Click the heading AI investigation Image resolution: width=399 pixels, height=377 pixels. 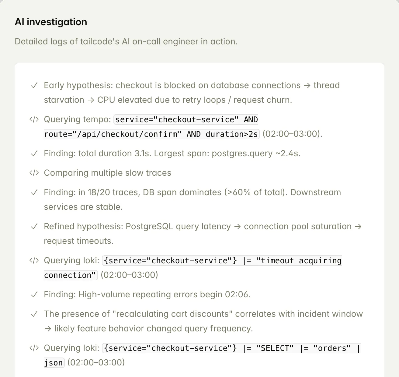click(x=51, y=22)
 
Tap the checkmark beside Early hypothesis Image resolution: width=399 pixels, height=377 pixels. click(x=34, y=85)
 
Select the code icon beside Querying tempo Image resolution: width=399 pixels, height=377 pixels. click(x=34, y=119)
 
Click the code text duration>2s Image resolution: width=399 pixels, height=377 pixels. click(x=232, y=134)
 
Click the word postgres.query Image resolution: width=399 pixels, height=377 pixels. click(x=242, y=154)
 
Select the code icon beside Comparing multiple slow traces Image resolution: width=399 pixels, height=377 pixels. click(x=34, y=173)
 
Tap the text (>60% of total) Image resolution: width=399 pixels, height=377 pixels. click(x=255, y=192)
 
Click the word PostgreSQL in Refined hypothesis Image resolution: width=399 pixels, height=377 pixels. click(x=149, y=227)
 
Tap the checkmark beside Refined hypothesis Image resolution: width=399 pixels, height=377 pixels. click(x=34, y=227)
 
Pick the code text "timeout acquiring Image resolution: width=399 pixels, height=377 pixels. click(x=299, y=261)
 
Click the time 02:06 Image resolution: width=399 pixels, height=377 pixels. click(x=237, y=295)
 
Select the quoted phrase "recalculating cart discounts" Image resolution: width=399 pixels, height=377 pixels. click(x=172, y=314)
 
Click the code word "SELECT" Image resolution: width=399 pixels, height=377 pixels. click(x=277, y=348)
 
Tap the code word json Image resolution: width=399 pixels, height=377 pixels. click(x=54, y=363)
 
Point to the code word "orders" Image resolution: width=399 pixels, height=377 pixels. click(x=331, y=348)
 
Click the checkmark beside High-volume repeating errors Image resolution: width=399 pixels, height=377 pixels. click(x=34, y=295)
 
